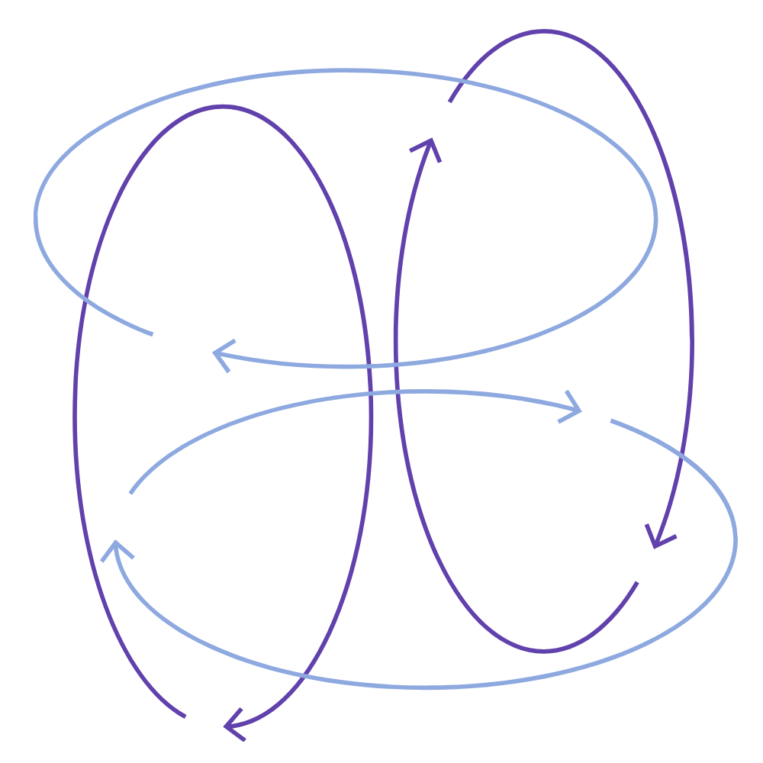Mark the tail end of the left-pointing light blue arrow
click(x=153, y=333)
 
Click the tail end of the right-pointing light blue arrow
click(x=130, y=493)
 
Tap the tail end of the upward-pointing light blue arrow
click(x=610, y=420)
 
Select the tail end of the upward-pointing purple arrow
click(x=637, y=583)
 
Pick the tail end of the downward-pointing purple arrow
click(x=450, y=101)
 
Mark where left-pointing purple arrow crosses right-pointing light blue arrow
click(x=371, y=394)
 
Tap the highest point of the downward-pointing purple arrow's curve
click(x=543, y=31)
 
